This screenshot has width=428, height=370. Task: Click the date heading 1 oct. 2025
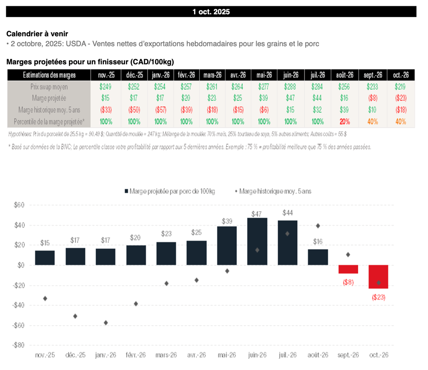211,12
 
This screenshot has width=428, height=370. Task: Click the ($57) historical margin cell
160,110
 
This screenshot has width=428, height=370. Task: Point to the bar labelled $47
257,241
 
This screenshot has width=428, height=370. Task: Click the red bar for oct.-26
379,277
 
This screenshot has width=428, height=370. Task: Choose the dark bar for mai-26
227,245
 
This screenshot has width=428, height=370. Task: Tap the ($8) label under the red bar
348,282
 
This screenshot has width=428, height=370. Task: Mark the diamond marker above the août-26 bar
318,226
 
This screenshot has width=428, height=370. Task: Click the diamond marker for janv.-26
106,323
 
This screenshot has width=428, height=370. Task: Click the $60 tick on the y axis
19,205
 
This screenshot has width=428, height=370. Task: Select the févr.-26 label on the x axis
136,355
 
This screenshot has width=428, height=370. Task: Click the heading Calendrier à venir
37,33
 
